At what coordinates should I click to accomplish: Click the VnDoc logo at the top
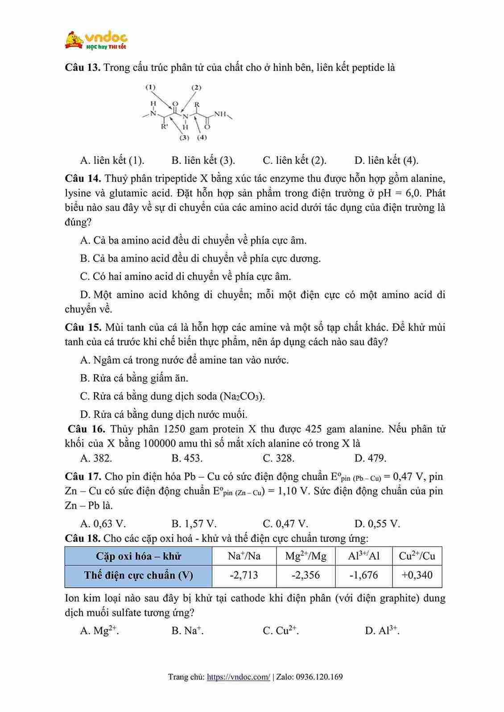tap(96, 40)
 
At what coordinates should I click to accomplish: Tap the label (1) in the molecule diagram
tap(150, 87)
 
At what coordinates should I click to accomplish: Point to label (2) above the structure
tap(196, 87)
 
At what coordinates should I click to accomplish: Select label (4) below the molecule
tap(202, 137)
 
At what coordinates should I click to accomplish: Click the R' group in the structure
tap(164, 127)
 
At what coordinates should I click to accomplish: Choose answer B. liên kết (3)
tap(203, 160)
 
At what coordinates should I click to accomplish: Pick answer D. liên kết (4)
tap(386, 160)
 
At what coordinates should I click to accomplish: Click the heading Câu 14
tap(83, 179)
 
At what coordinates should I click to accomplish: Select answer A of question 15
tap(184, 360)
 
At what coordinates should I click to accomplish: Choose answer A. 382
tap(96, 458)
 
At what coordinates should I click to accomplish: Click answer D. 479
tap(370, 458)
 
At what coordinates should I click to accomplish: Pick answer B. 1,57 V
tap(194, 524)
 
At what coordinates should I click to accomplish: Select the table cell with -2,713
tap(244, 575)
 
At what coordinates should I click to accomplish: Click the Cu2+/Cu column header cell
tap(417, 556)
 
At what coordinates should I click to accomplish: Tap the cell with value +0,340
tap(417, 575)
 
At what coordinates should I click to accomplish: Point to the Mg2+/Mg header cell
tap(306, 556)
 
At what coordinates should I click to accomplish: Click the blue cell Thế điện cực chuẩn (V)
tap(138, 575)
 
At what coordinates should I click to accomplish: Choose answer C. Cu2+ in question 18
tap(281, 630)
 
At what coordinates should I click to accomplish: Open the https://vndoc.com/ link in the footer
tap(239, 677)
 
